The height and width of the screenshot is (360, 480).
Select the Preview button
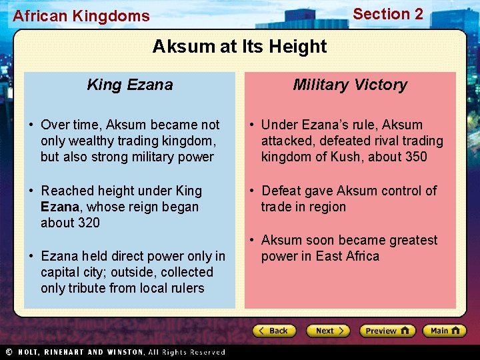tap(387, 331)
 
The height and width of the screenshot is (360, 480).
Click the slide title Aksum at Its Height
tap(239, 47)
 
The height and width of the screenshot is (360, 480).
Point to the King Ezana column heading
tap(130, 85)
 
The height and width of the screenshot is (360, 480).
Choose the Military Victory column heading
tap(350, 85)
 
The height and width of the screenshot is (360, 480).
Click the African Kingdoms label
tap(81, 16)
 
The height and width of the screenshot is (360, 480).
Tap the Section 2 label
tap(388, 14)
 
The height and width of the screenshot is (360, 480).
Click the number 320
tap(88, 223)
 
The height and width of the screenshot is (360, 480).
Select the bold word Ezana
tap(59, 207)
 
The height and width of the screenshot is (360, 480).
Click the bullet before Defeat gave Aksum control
tap(252, 191)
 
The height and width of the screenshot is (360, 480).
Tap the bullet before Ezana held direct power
tap(32, 256)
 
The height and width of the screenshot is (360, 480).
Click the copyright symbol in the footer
tap(9, 352)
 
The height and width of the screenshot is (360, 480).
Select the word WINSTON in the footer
tap(119, 352)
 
